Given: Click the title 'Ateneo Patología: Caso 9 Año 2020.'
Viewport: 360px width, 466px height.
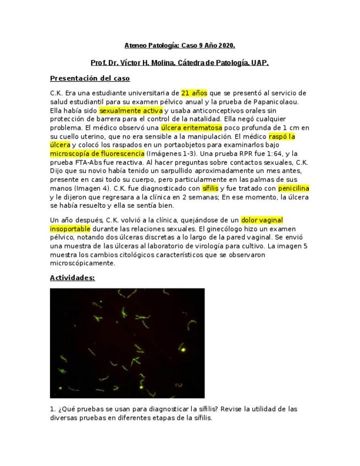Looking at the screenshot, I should pos(180,45).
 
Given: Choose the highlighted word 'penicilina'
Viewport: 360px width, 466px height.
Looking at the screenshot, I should pos(293,188).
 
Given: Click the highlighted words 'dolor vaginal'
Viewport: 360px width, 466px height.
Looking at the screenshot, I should pos(262,220).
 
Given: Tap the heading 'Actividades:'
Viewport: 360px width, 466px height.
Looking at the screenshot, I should pos(72,278).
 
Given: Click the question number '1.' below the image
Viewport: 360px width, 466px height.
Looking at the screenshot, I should pos(53,409).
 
